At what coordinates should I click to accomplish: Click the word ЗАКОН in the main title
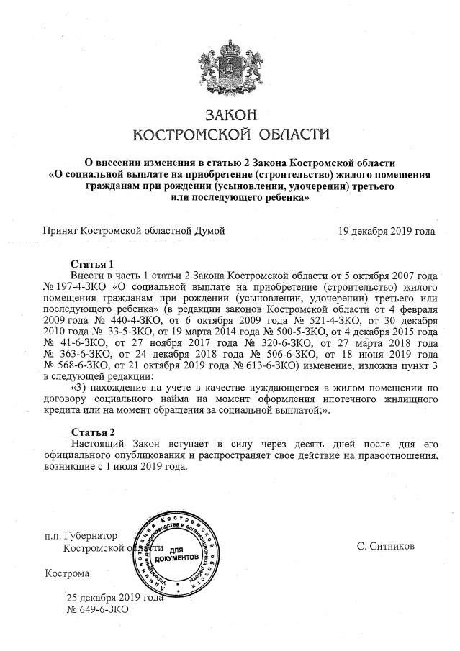coord(230,115)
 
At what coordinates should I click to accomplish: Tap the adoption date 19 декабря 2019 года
coord(387,231)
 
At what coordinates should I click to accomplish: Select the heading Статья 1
coord(92,264)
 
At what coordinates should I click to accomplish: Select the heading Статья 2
coord(92,432)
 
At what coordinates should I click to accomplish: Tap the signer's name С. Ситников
coord(385,547)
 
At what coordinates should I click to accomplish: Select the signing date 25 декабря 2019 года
coord(115,597)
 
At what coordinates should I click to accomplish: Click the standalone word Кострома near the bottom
coord(67,574)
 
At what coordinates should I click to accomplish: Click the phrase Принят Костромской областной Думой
coord(135,231)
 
